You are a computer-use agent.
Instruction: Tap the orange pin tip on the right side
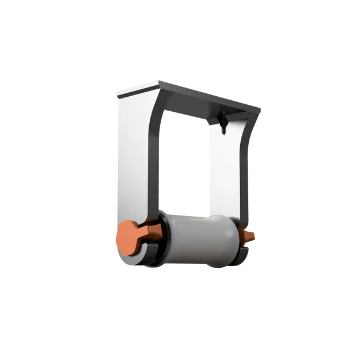252,236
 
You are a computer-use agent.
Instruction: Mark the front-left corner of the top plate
117,94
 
